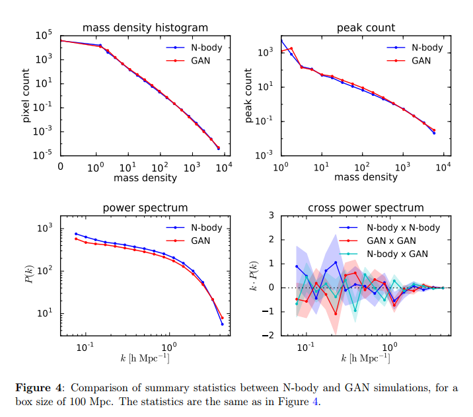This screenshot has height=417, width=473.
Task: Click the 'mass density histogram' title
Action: pyautogui.click(x=145, y=28)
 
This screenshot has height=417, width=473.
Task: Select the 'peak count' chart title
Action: pyautogui.click(x=366, y=28)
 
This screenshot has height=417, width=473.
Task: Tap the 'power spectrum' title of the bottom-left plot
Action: pyautogui.click(x=145, y=209)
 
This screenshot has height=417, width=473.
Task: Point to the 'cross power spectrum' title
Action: pyautogui.click(x=366, y=209)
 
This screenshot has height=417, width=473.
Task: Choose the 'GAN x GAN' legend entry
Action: pyautogui.click(x=392, y=241)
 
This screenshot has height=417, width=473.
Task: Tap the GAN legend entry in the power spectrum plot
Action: pyautogui.click(x=200, y=241)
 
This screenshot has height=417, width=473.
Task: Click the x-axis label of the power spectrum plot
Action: pyautogui.click(x=145, y=358)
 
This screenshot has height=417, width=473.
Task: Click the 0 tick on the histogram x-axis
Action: pyautogui.click(x=61, y=166)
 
